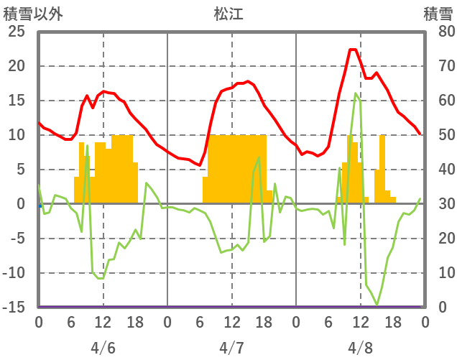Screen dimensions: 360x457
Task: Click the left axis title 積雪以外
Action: (33, 14)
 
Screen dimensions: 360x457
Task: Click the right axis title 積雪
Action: (438, 14)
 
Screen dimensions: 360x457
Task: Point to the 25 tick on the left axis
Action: (16, 32)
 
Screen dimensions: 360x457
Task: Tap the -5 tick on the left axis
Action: (17, 239)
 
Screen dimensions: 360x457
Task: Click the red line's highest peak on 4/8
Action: (353, 50)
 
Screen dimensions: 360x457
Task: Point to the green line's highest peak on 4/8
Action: (356, 93)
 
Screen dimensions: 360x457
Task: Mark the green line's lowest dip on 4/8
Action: (377, 305)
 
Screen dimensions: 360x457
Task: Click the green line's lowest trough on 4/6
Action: (101, 278)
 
